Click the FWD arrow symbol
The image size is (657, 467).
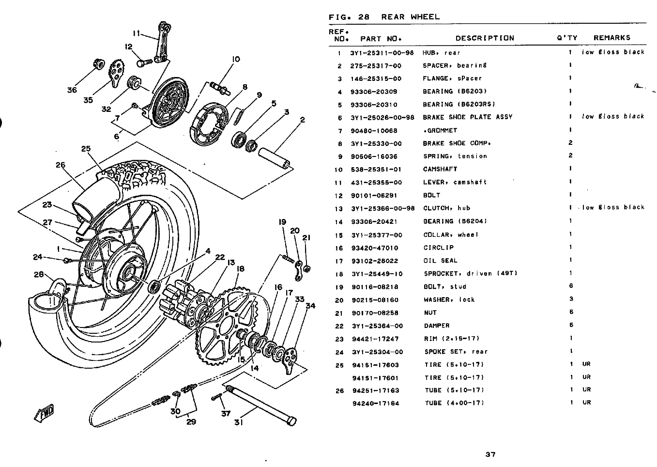[44, 413]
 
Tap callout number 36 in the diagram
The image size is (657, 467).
[72, 90]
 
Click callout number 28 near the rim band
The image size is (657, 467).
[39, 275]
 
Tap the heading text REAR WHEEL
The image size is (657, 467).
[411, 17]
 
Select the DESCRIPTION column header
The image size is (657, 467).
[484, 38]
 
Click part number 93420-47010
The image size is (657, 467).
[375, 248]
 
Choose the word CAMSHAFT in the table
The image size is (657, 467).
[440, 169]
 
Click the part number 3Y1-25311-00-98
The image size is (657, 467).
[382, 52]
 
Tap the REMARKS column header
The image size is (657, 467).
[611, 38]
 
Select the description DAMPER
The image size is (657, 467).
[437, 326]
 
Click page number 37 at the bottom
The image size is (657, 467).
[490, 454]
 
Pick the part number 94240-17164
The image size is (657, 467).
[376, 403]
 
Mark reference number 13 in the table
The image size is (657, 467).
[339, 209]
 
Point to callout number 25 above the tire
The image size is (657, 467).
[86, 149]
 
